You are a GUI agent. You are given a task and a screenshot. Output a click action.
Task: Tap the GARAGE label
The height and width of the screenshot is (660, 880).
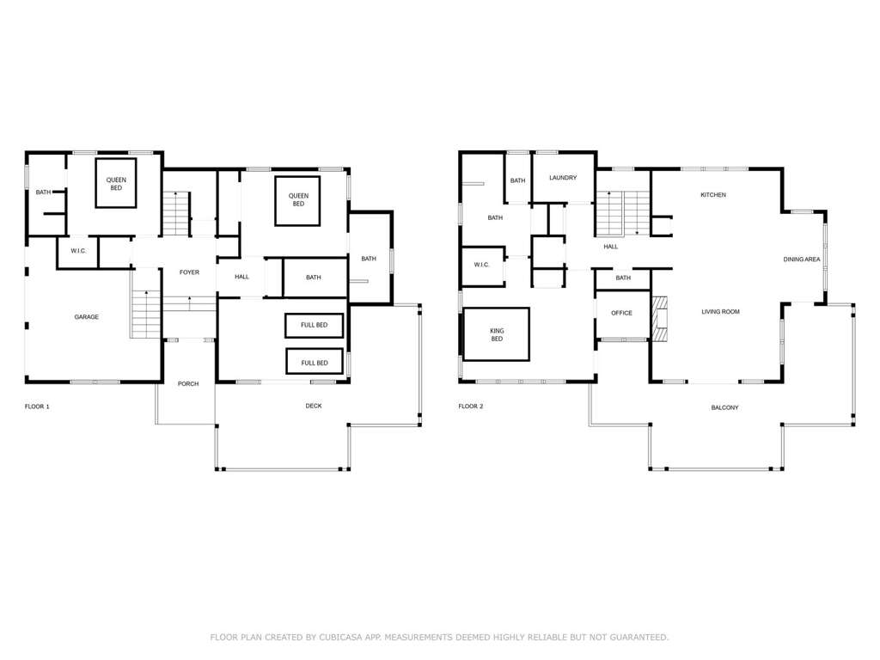(x=87, y=317)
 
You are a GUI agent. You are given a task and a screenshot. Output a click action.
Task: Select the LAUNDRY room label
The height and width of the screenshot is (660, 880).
(x=563, y=177)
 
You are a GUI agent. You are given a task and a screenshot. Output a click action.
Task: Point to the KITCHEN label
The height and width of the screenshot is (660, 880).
(x=713, y=195)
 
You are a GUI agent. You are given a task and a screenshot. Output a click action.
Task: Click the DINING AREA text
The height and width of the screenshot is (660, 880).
(x=802, y=260)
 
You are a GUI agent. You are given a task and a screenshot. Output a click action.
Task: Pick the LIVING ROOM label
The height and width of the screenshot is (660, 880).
(x=721, y=311)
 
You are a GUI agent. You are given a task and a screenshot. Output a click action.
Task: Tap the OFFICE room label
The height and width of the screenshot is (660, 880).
(x=622, y=313)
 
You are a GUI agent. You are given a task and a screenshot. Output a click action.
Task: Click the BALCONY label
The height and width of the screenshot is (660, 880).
(x=724, y=407)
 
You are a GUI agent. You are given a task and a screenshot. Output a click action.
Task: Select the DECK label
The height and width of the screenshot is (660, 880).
(x=314, y=406)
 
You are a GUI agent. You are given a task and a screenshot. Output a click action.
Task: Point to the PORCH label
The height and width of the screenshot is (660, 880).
(x=188, y=384)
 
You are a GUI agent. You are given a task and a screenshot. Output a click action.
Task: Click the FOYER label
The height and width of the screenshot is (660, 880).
(x=189, y=272)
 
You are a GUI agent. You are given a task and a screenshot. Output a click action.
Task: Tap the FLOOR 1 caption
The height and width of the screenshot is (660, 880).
(x=37, y=406)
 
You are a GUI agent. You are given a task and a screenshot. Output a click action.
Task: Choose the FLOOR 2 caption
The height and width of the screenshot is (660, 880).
(x=470, y=406)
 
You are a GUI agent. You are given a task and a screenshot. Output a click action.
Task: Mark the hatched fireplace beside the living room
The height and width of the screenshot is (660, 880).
(x=660, y=318)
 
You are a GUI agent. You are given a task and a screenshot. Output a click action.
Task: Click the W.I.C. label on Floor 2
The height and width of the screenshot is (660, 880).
(x=481, y=265)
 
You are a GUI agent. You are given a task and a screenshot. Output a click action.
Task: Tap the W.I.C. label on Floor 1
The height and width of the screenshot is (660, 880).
(x=78, y=251)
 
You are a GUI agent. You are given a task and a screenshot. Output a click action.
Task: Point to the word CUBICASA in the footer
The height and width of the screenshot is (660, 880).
(x=340, y=637)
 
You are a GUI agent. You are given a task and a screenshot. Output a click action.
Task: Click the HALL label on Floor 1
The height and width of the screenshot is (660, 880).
(x=241, y=277)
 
